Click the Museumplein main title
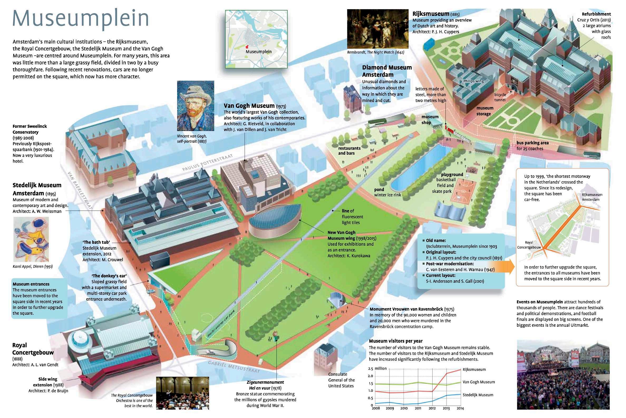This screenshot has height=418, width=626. (x=80, y=19)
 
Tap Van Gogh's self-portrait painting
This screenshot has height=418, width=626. (x=195, y=106)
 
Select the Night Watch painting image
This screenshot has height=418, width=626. (x=377, y=29)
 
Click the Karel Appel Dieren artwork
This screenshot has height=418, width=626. (x=31, y=239)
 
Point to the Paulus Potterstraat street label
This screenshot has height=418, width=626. (x=208, y=162)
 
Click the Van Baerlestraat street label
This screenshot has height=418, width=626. (x=80, y=190)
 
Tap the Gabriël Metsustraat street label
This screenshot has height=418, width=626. (x=234, y=367)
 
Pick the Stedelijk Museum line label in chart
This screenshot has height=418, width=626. (x=478, y=395)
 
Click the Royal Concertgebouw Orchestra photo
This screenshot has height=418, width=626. (x=182, y=393)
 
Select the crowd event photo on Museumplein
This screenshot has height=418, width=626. (x=563, y=375)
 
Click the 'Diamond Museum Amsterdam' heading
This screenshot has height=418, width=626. (x=387, y=71)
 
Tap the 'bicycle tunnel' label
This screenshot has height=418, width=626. (x=500, y=97)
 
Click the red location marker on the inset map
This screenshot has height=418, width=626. (x=247, y=47)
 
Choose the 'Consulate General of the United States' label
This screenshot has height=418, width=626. (x=341, y=380)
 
